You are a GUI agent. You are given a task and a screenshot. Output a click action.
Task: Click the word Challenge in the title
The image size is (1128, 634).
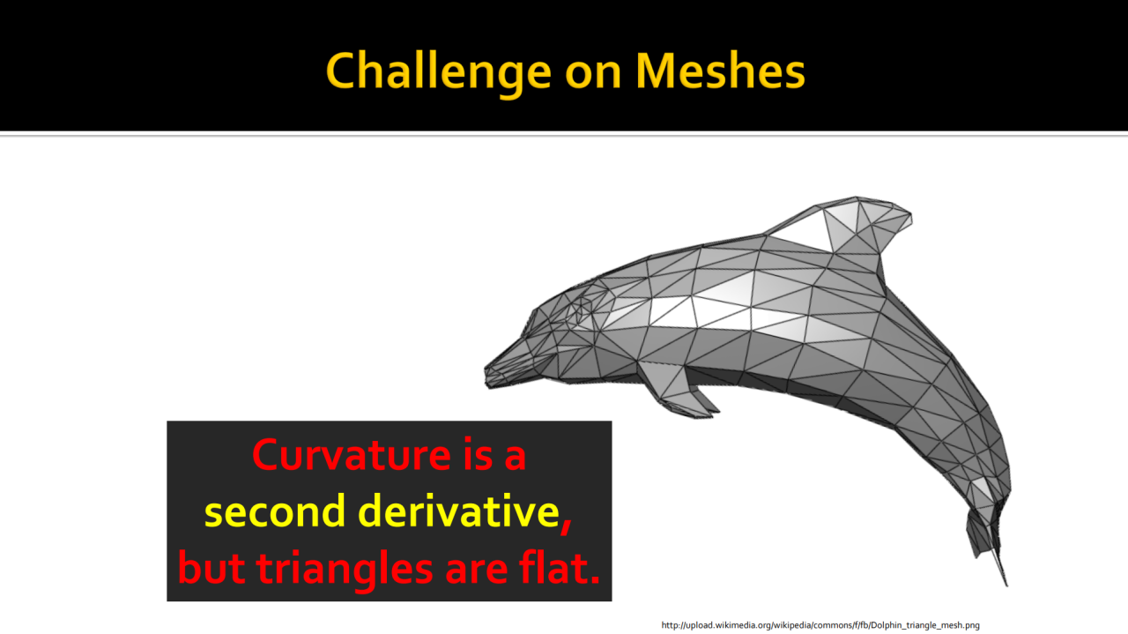tap(439, 72)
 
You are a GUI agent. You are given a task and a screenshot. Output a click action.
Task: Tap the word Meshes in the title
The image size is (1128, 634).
tap(721, 71)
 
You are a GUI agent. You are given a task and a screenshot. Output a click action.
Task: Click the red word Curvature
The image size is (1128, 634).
tap(352, 455)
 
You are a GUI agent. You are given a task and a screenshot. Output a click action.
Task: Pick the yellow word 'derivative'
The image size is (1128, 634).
tap(459, 511)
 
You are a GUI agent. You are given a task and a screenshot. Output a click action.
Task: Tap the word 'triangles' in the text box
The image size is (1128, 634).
tap(345, 569)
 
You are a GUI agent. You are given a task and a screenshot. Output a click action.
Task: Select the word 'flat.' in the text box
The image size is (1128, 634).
tap(560, 566)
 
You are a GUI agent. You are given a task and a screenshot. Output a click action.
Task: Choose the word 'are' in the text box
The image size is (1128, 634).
tap(477, 572)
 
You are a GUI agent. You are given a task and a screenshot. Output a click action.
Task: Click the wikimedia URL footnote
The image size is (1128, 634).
tap(820, 625)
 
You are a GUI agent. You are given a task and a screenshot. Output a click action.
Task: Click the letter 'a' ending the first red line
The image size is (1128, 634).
tap(516, 459)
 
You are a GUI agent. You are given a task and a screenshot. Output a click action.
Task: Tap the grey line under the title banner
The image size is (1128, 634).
tap(564, 134)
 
